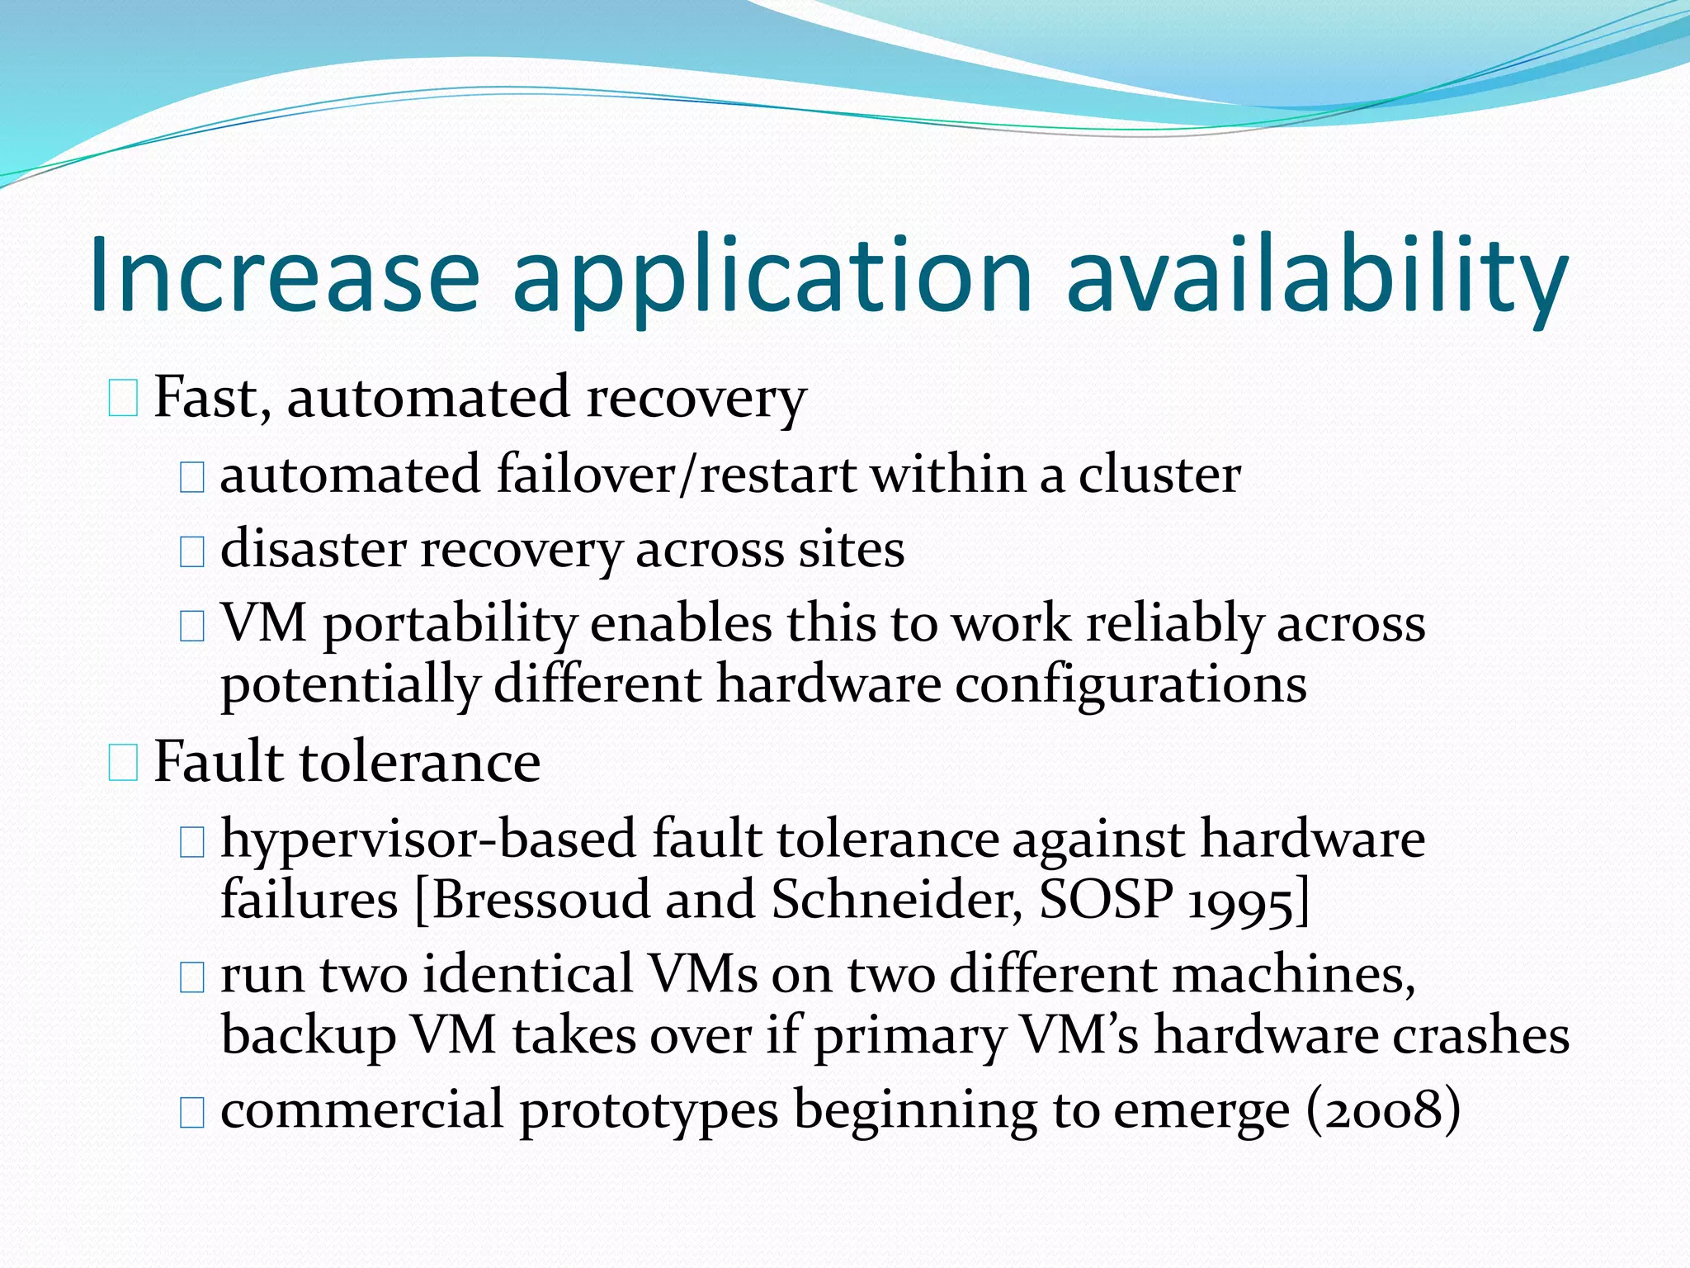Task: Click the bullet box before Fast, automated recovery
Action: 123,398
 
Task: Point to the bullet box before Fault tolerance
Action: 123,762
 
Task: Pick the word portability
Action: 450,626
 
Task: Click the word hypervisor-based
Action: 429,840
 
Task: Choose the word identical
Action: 528,975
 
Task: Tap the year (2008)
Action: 1384,1111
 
